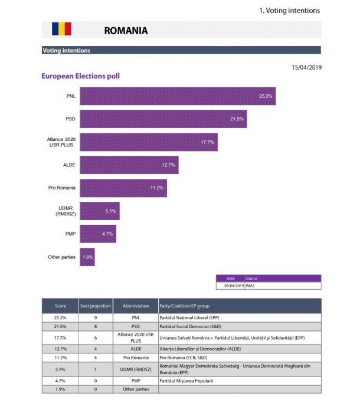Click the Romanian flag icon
tap(61, 29)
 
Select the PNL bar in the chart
tap(178, 96)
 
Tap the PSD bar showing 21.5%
tap(163, 119)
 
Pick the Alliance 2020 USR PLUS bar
tap(149, 142)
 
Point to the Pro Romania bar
tap(123, 188)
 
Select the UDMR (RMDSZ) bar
tap(100, 211)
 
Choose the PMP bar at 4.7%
tap(98, 234)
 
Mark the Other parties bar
tap(87, 257)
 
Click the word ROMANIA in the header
tap(125, 30)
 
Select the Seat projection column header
tap(95, 306)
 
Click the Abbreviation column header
tap(136, 306)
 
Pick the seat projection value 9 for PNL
tap(95, 318)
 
